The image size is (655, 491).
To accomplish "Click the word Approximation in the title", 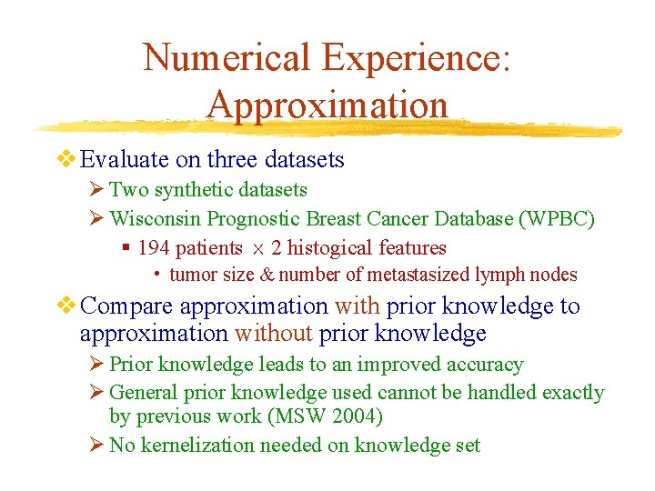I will click(327, 105).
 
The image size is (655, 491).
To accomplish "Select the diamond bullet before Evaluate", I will click(66, 159).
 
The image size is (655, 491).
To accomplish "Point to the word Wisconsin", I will click(156, 219).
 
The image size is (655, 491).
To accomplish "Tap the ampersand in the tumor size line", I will click(267, 275).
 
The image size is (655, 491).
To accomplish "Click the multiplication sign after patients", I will click(257, 248).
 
